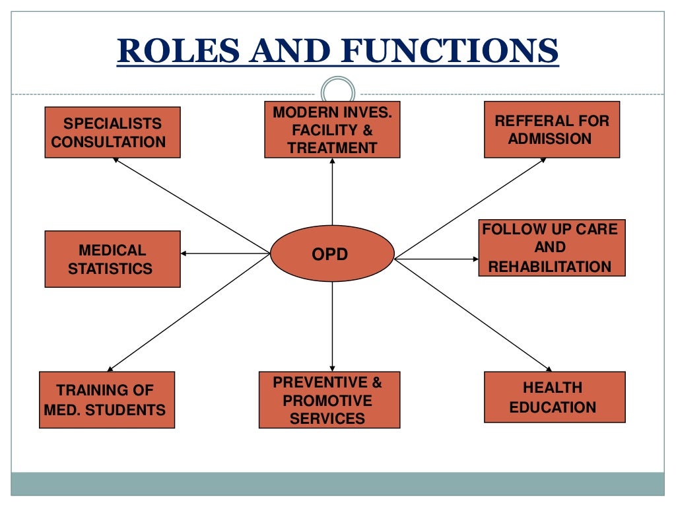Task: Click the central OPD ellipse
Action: click(332, 253)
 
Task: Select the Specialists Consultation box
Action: click(112, 132)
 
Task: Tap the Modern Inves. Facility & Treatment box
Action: click(332, 129)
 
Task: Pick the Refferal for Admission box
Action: click(552, 129)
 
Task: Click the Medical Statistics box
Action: click(112, 259)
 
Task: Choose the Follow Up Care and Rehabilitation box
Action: click(552, 248)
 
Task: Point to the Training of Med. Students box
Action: click(107, 399)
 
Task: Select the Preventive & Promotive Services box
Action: click(329, 400)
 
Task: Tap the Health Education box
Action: click(555, 397)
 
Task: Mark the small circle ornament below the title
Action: click(337, 91)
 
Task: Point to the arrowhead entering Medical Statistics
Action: click(184, 253)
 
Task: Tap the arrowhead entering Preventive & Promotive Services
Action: click(332, 368)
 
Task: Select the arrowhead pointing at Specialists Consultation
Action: click(117, 160)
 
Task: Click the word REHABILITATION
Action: click(550, 267)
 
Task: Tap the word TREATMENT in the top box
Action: click(333, 148)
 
